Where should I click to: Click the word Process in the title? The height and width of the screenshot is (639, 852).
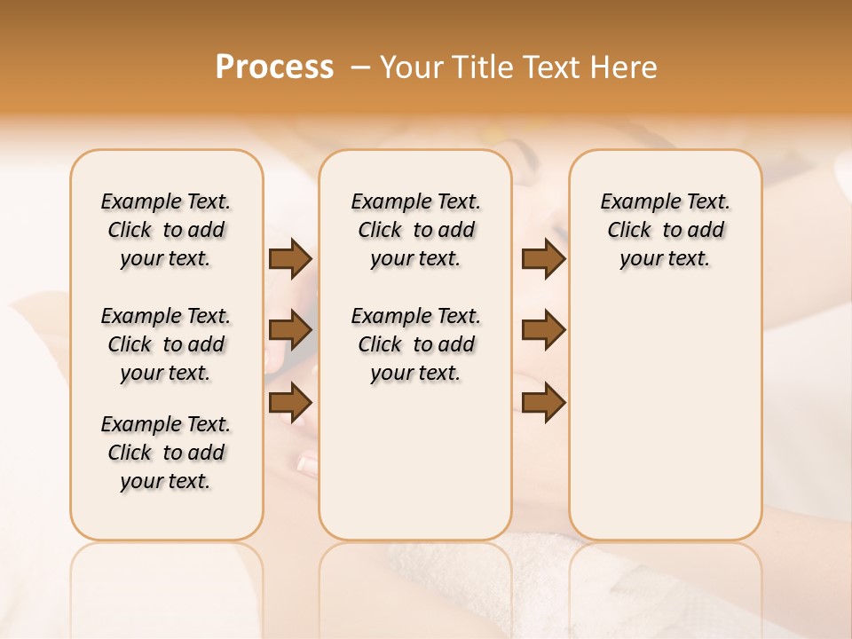274,67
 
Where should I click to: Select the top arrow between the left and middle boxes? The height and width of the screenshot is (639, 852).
290,258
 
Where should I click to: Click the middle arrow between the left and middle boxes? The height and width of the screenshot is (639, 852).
290,330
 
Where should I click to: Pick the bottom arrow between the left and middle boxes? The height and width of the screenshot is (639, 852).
290,401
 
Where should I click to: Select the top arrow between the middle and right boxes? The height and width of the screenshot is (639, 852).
543,258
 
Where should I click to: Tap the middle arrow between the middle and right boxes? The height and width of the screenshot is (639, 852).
543,330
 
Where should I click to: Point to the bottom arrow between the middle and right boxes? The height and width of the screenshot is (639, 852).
543,402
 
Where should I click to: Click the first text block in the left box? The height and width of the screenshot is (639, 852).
166,230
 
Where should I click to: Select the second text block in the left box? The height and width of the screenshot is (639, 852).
166,344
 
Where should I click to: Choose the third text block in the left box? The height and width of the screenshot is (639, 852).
166,453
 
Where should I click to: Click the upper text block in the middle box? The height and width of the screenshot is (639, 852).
415,230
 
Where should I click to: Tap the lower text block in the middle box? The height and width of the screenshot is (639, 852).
415,344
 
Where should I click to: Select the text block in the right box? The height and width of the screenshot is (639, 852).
666,230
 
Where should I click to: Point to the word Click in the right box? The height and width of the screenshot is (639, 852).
629,231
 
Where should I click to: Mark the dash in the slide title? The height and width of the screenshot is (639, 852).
360,67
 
